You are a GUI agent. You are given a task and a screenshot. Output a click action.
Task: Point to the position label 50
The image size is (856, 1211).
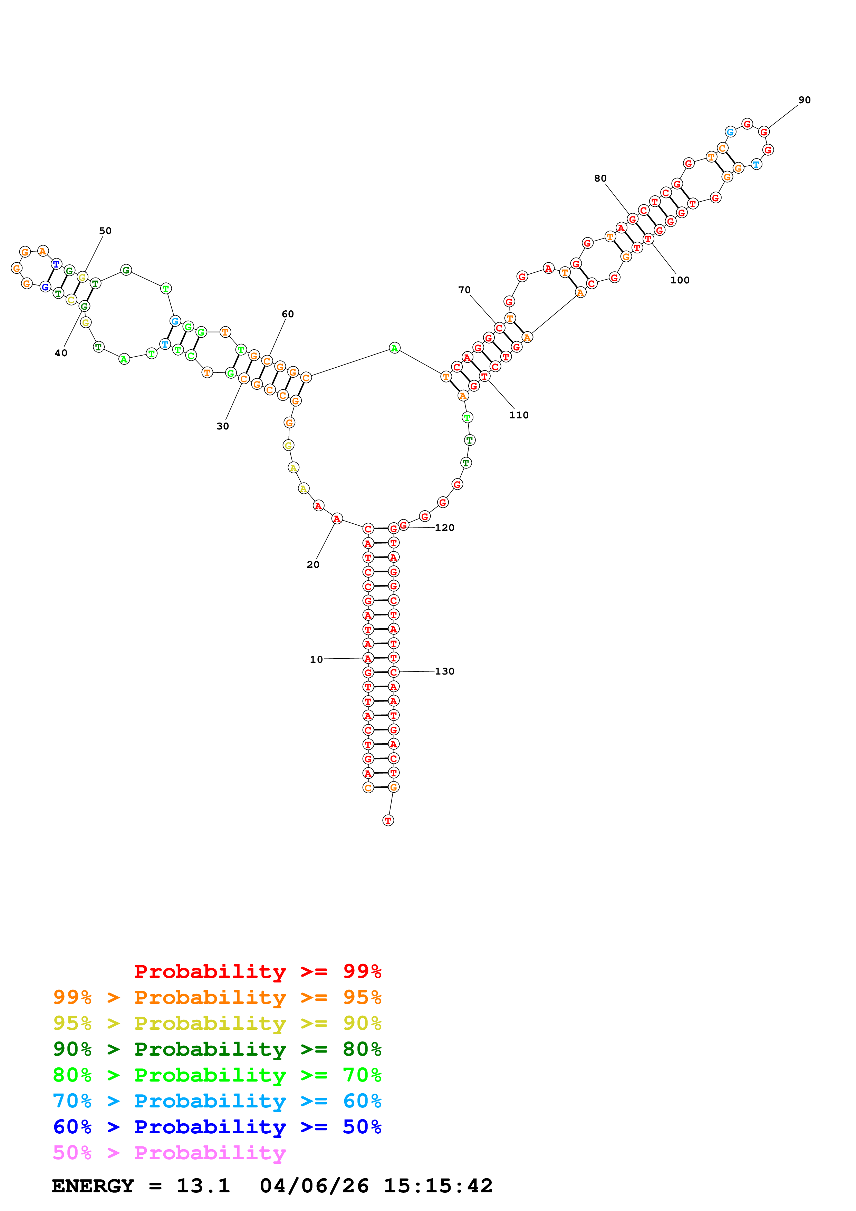click(x=105, y=231)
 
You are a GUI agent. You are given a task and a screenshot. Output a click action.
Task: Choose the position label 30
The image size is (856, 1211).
click(x=223, y=426)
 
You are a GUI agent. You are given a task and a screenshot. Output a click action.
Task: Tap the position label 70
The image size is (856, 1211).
click(x=464, y=290)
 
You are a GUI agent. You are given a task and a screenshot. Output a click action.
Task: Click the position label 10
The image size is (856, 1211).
click(x=316, y=659)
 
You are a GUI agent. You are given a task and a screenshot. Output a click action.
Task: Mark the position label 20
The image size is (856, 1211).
click(x=313, y=565)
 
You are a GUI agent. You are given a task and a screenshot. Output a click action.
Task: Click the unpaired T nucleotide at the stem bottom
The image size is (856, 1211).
click(x=388, y=820)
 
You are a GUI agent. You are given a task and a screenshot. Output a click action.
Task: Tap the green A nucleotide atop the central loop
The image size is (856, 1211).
click(x=395, y=348)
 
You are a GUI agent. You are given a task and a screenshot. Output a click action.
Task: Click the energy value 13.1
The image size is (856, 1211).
click(x=203, y=1186)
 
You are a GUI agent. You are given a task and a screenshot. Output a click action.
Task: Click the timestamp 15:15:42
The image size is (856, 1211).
click(x=438, y=1186)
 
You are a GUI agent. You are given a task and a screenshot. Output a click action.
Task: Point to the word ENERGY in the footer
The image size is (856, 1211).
click(x=93, y=1186)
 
